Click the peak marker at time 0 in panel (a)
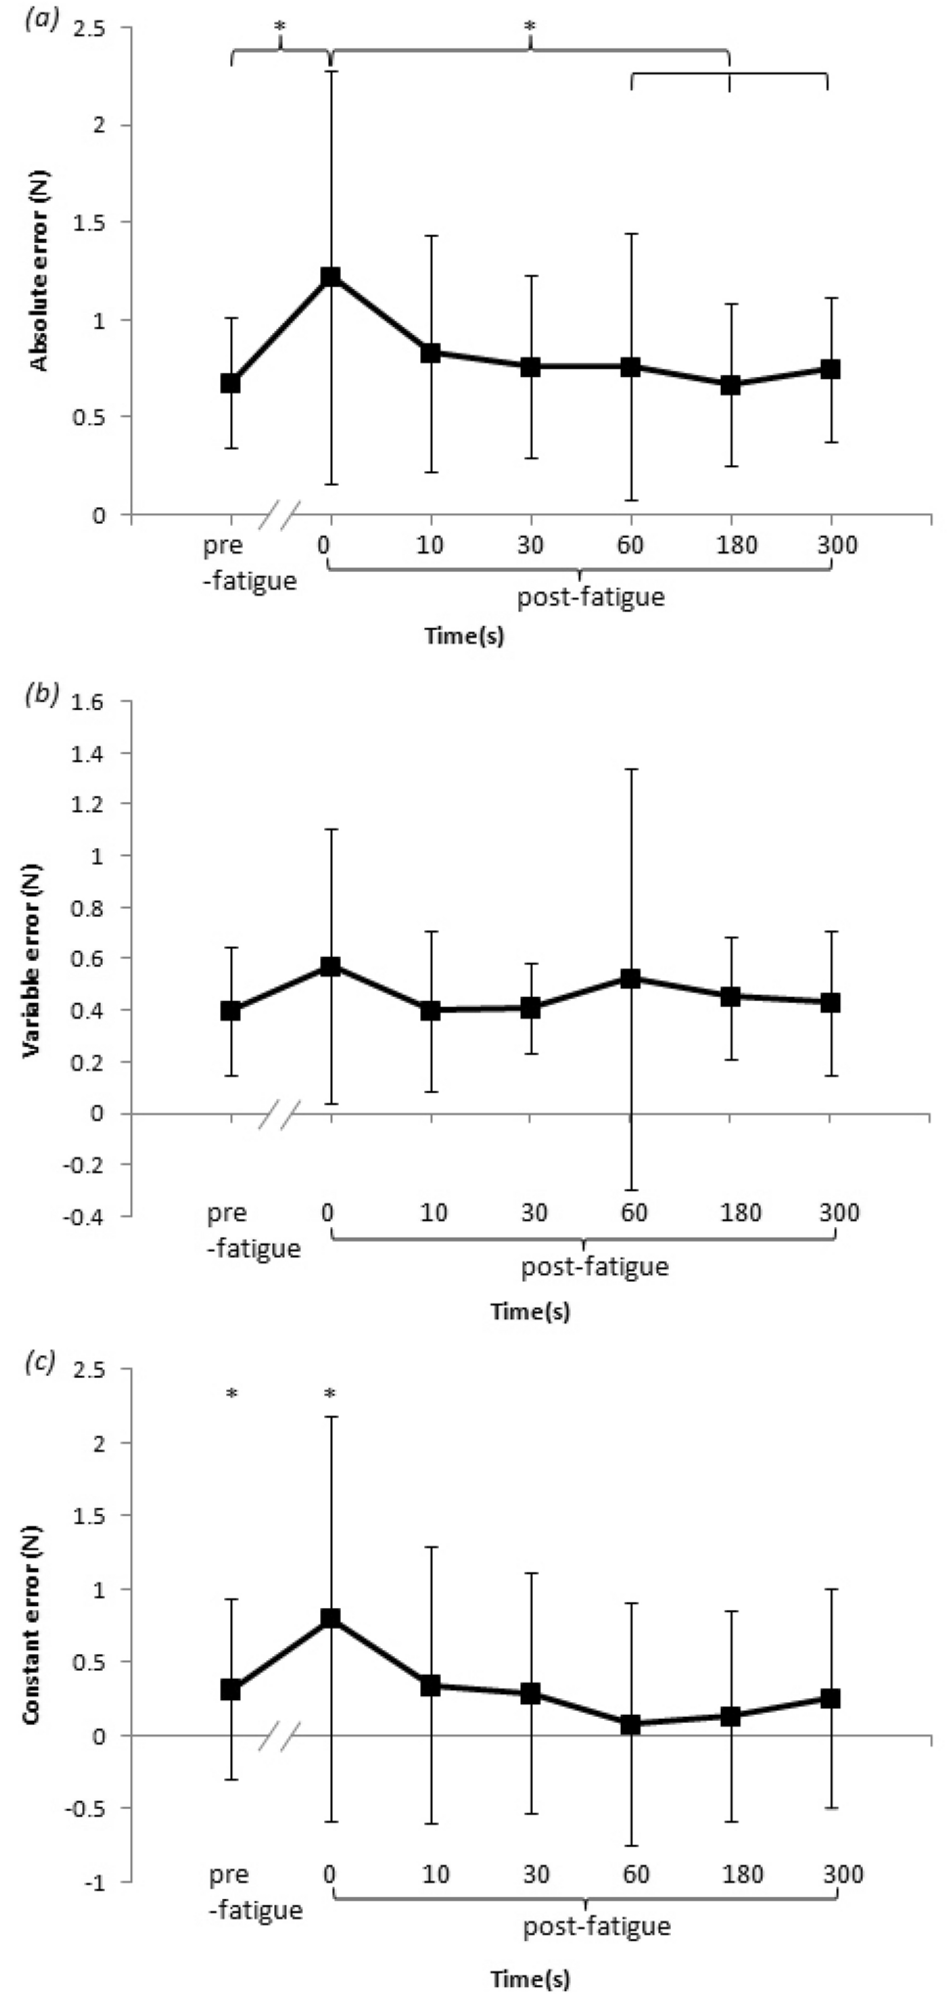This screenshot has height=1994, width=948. [x=331, y=277]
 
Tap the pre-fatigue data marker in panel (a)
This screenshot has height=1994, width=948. [x=231, y=383]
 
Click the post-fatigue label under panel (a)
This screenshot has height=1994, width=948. [x=591, y=596]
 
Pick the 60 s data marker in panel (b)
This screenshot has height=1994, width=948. [x=631, y=978]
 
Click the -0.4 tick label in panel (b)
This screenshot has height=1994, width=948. [x=95, y=1215]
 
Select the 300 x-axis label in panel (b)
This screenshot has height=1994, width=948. [x=839, y=1213]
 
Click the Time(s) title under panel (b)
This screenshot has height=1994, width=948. [x=530, y=1310]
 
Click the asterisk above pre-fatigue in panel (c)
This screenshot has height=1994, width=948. [x=231, y=1393]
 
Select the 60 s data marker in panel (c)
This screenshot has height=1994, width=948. [x=631, y=1724]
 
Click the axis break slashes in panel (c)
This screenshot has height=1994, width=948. [x=280, y=1736]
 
